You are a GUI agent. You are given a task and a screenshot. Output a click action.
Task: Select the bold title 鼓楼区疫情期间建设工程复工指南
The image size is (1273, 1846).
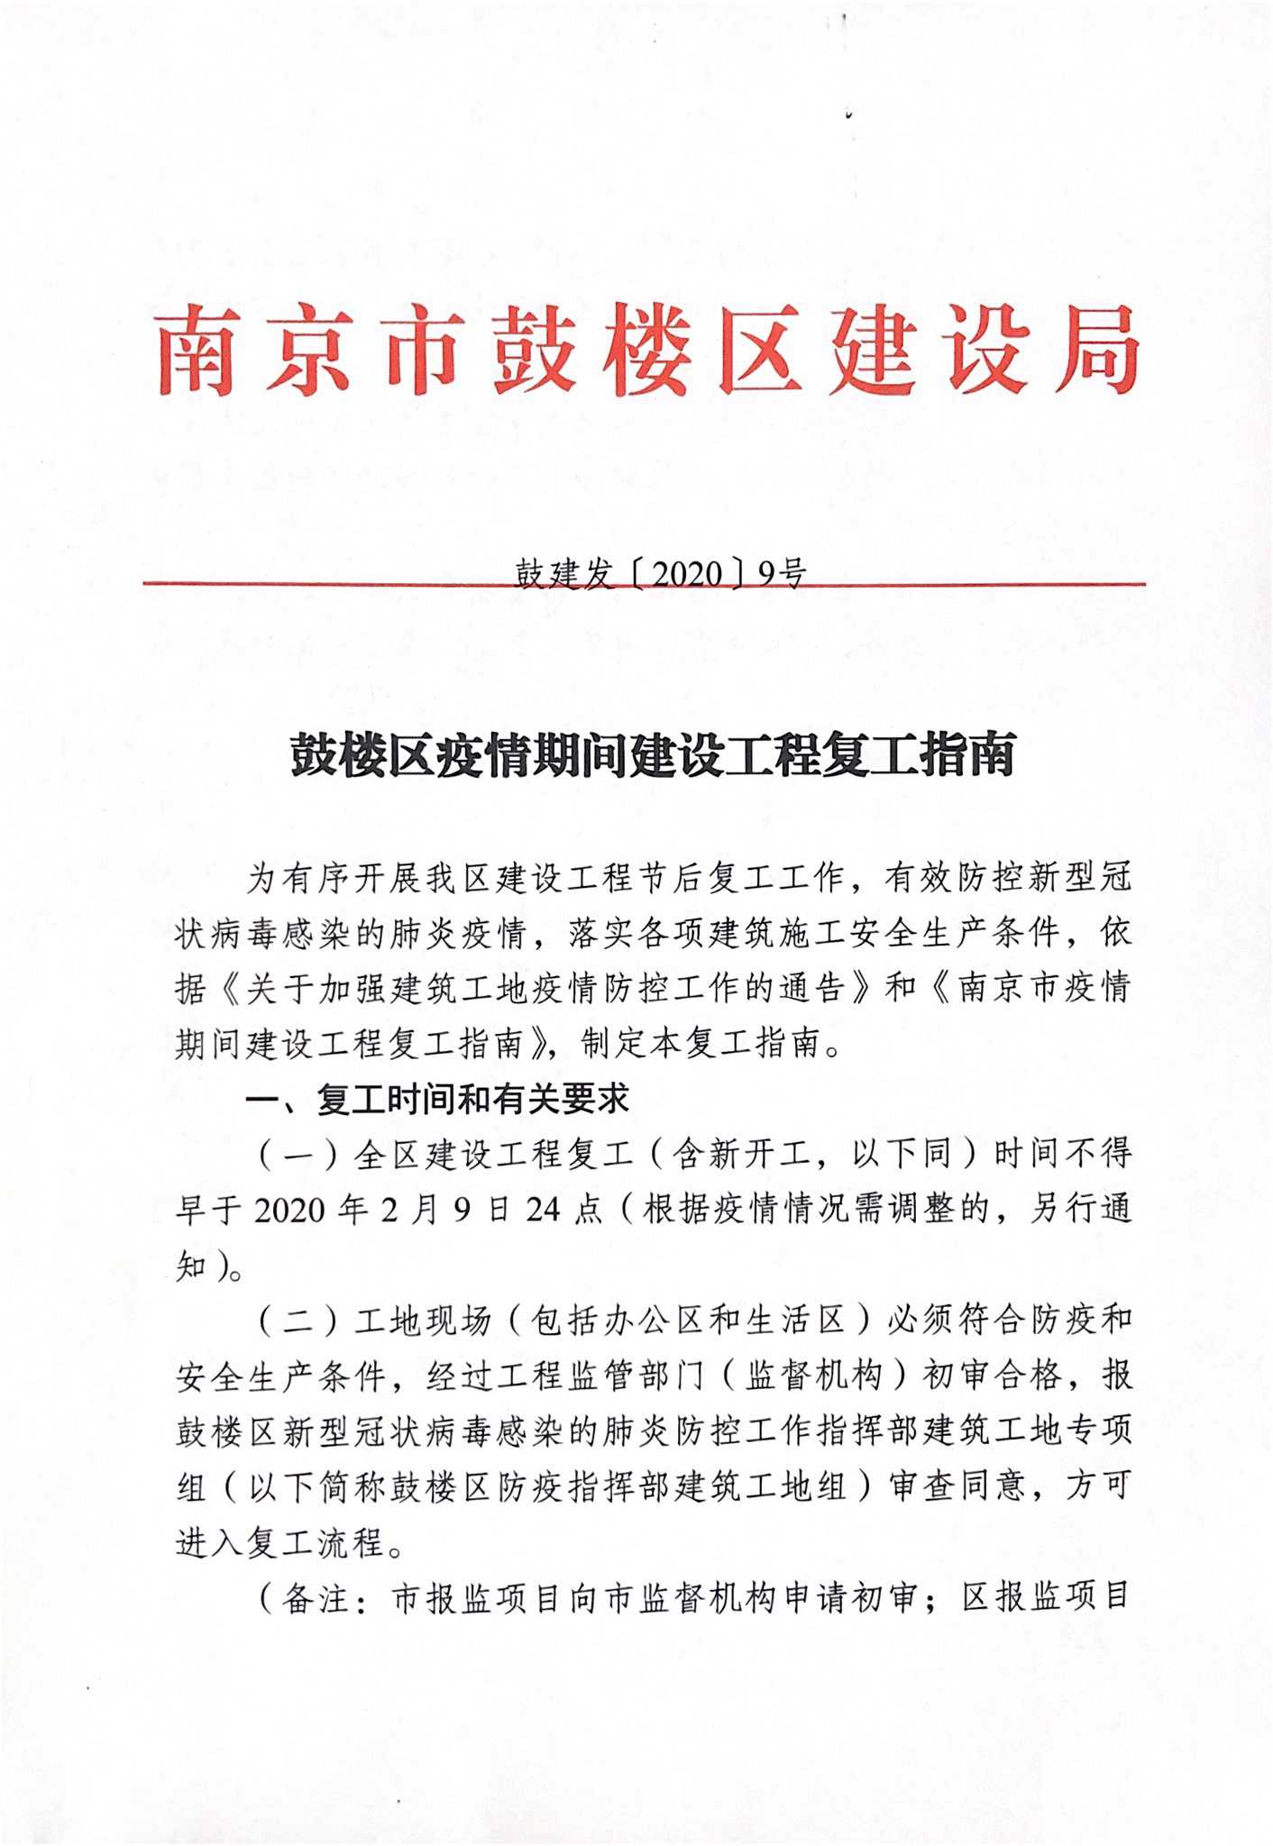pos(653,754)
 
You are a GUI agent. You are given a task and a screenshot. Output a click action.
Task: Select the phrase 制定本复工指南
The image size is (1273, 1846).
pos(702,1044)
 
